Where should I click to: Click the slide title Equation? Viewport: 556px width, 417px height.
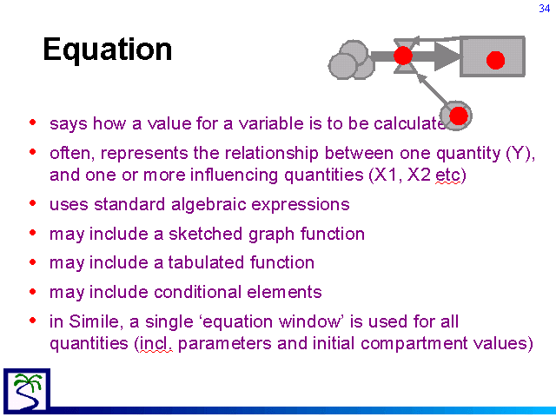point(108,50)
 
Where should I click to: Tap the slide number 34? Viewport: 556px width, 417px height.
point(545,9)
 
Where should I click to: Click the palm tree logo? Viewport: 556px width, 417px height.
point(27,390)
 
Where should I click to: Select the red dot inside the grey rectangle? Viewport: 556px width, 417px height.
point(495,60)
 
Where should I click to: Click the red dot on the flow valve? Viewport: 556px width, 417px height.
point(403,56)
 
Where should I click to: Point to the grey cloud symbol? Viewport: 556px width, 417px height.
point(351,60)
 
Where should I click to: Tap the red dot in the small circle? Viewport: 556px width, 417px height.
point(459,116)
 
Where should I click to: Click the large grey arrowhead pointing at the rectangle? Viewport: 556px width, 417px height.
point(447,56)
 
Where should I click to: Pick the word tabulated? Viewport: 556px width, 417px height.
point(206,262)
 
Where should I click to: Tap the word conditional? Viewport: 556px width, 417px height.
point(198,292)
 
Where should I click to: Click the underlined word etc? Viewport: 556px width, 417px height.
point(447,175)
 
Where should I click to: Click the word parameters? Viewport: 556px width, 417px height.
point(225,344)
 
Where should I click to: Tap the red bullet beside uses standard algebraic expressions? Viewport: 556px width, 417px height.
point(33,203)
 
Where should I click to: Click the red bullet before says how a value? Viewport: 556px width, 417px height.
point(33,122)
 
